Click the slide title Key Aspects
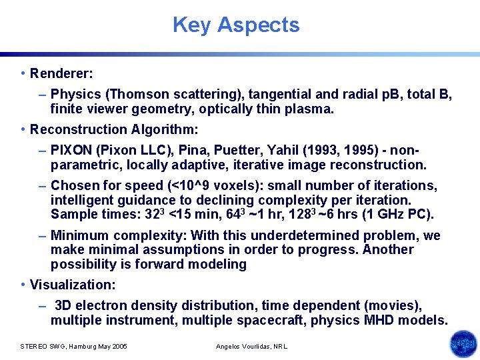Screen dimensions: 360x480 coord(236,25)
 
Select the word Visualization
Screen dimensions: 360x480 coord(72,285)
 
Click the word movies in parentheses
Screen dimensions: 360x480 coord(396,305)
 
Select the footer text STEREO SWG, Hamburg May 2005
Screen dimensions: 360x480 coord(73,346)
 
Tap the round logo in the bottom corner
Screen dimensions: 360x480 coord(463,344)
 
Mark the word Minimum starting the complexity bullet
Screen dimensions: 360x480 coord(79,235)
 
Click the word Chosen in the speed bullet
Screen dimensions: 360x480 coord(73,185)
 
